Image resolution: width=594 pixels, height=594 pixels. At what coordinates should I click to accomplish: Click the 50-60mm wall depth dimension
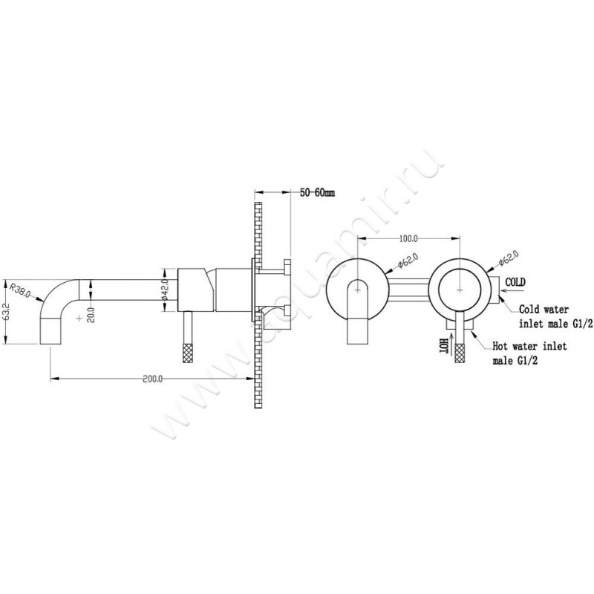coord(318,192)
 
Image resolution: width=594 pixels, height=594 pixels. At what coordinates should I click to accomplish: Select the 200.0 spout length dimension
coord(151,379)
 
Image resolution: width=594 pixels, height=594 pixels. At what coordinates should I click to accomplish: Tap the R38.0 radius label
coord(20,289)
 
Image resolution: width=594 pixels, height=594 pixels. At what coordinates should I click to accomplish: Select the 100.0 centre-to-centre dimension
coord(408,239)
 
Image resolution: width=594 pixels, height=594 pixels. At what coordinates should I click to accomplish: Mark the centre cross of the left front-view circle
coord(358,286)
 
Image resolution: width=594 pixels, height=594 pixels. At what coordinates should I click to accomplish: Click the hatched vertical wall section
coord(258,304)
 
